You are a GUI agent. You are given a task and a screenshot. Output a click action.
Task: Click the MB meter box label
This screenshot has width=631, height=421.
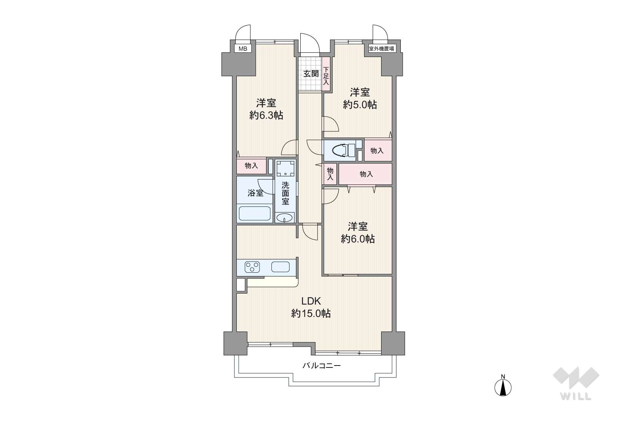pos(243,49)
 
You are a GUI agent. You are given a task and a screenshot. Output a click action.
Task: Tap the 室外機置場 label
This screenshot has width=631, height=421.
pos(381,49)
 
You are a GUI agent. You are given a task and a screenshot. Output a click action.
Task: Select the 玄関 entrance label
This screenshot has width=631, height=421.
pos(311,74)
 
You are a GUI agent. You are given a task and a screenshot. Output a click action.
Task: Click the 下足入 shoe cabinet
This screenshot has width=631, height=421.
pos(326,74)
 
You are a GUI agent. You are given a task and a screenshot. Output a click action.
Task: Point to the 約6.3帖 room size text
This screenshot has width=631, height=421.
pos(266,115)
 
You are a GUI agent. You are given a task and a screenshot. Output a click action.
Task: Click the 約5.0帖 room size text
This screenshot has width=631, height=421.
pos(360,104)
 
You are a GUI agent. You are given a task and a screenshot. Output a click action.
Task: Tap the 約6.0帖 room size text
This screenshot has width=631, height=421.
pos(358,239)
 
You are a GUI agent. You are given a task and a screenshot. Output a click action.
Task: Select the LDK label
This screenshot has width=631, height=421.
pos(311,301)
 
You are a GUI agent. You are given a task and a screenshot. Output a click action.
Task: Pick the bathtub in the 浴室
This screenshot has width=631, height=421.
pos(254,214)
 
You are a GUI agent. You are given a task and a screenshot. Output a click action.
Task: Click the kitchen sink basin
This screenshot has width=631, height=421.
pos(280,267)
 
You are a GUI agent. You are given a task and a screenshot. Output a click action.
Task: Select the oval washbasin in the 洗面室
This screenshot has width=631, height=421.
pos(284,218)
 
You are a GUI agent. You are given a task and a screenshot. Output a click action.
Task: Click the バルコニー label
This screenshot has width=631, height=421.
pos(321,366)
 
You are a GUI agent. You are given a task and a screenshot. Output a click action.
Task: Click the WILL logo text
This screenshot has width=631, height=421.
pos(576,396)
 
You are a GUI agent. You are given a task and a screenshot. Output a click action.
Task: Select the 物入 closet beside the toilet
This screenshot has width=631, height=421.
pos(378,151)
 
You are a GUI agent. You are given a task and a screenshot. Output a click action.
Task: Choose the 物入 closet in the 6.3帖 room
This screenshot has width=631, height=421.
pos(251,166)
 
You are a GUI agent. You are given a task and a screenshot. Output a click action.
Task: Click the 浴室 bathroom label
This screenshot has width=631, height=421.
pos(255,193)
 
